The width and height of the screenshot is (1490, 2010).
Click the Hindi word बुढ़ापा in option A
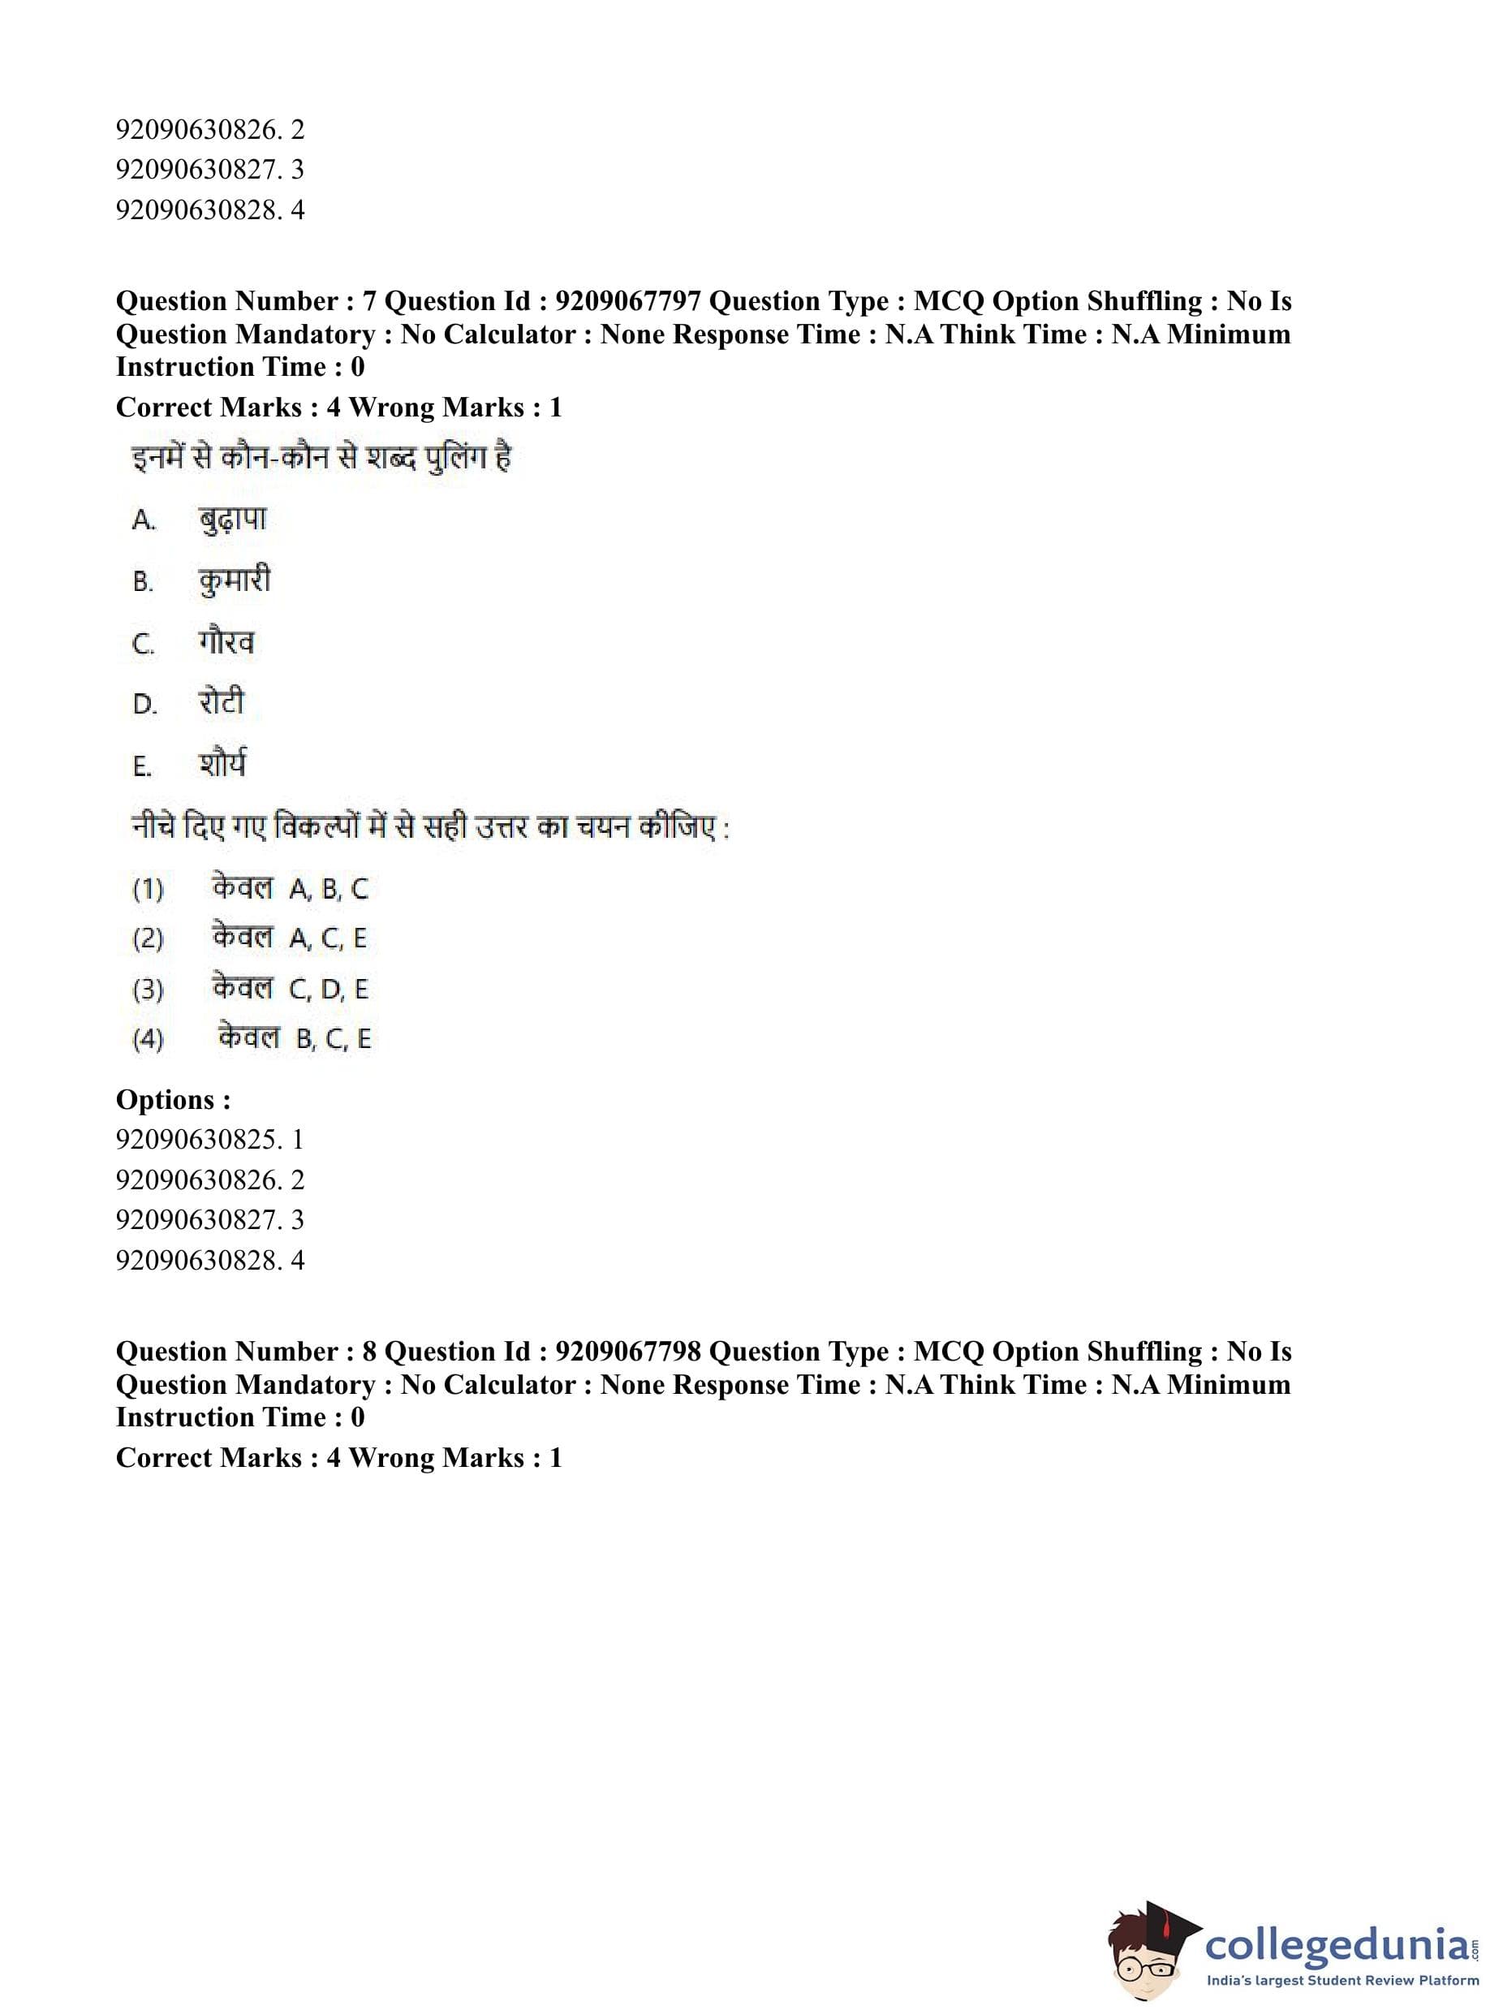(233, 520)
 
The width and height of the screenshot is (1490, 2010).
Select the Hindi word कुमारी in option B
(235, 580)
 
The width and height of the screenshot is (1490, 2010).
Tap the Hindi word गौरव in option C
(226, 642)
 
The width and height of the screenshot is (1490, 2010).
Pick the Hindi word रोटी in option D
(222, 703)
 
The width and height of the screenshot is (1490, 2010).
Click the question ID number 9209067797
(628, 301)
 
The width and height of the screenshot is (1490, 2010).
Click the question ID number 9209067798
(628, 1352)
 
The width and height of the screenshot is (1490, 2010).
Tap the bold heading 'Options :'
(173, 1100)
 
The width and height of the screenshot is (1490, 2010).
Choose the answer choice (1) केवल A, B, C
(251, 889)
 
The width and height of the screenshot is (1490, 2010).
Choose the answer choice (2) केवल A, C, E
(250, 938)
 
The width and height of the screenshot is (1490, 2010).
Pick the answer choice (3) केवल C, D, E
(251, 989)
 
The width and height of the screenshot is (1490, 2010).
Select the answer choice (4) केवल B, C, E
(252, 1038)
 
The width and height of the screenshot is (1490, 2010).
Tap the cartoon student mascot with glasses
(1149, 1952)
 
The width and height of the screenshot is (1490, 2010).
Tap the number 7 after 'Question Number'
(369, 301)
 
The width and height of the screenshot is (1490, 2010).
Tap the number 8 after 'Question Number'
(369, 1352)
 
